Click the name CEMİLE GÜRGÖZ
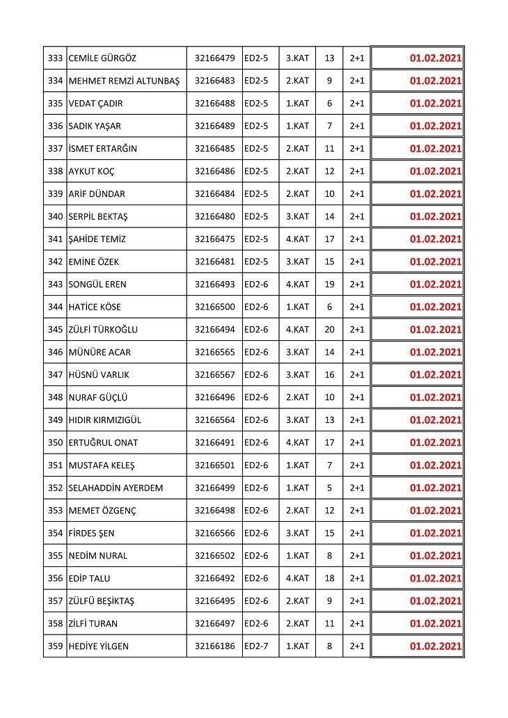[x=102, y=58]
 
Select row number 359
[x=56, y=646]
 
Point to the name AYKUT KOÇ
[x=91, y=171]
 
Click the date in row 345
[x=436, y=330]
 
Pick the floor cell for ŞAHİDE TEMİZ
[x=297, y=239]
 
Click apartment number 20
[x=329, y=330]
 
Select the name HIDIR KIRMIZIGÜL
[x=104, y=420]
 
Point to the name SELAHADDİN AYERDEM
[x=116, y=488]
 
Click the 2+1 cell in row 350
[x=357, y=442]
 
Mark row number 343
[x=56, y=285]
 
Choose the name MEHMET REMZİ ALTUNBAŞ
[x=124, y=81]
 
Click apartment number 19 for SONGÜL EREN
[x=329, y=285]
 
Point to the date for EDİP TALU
[x=436, y=578]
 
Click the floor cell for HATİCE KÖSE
[x=297, y=307]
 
